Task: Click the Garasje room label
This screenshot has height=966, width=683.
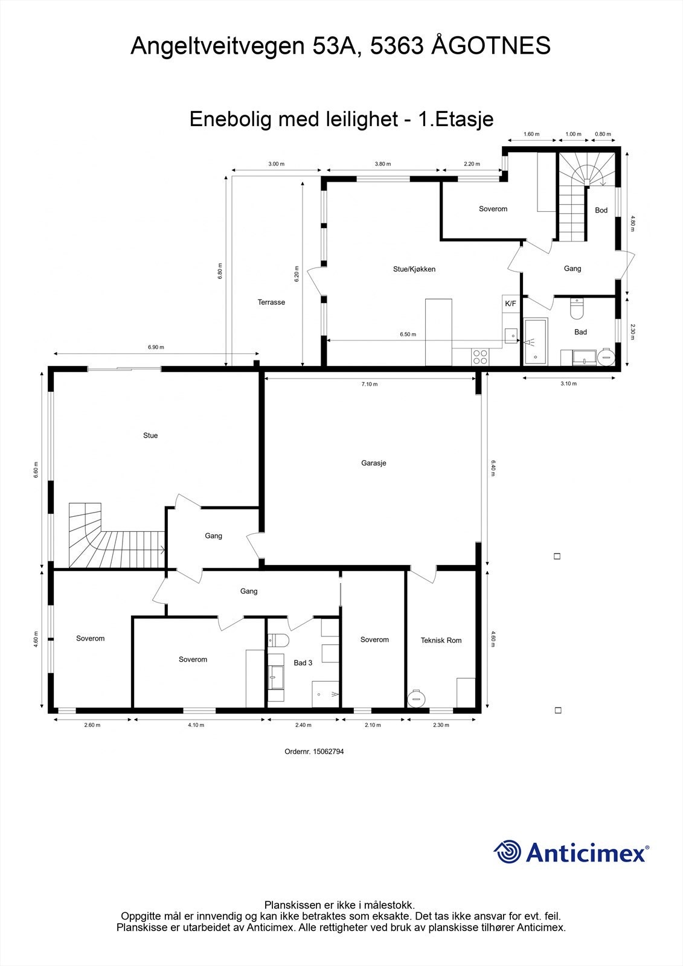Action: (374, 463)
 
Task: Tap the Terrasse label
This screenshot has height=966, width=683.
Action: (271, 302)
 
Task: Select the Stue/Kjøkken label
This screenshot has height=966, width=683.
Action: (414, 269)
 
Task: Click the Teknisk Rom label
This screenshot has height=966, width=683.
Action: (441, 640)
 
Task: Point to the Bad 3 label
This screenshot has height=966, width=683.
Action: (303, 662)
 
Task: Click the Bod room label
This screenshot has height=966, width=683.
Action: (601, 210)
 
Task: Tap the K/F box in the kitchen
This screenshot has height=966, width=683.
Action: (510, 303)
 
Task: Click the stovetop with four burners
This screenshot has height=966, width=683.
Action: (480, 357)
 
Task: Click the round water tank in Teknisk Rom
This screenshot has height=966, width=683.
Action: (417, 699)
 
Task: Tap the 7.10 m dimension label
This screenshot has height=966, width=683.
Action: (369, 384)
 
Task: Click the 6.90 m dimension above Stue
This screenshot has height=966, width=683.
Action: (156, 347)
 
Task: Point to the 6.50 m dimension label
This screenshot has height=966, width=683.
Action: (408, 334)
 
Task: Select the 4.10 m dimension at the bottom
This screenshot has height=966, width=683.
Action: (196, 725)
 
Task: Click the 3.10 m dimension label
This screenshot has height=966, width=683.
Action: (568, 383)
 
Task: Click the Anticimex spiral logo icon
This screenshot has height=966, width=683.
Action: (507, 852)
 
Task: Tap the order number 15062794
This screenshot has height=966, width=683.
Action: (314, 752)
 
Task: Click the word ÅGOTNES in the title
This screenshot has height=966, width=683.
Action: (490, 46)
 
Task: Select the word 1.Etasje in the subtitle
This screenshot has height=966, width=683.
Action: (456, 119)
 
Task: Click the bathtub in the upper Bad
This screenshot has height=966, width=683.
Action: (536, 342)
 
